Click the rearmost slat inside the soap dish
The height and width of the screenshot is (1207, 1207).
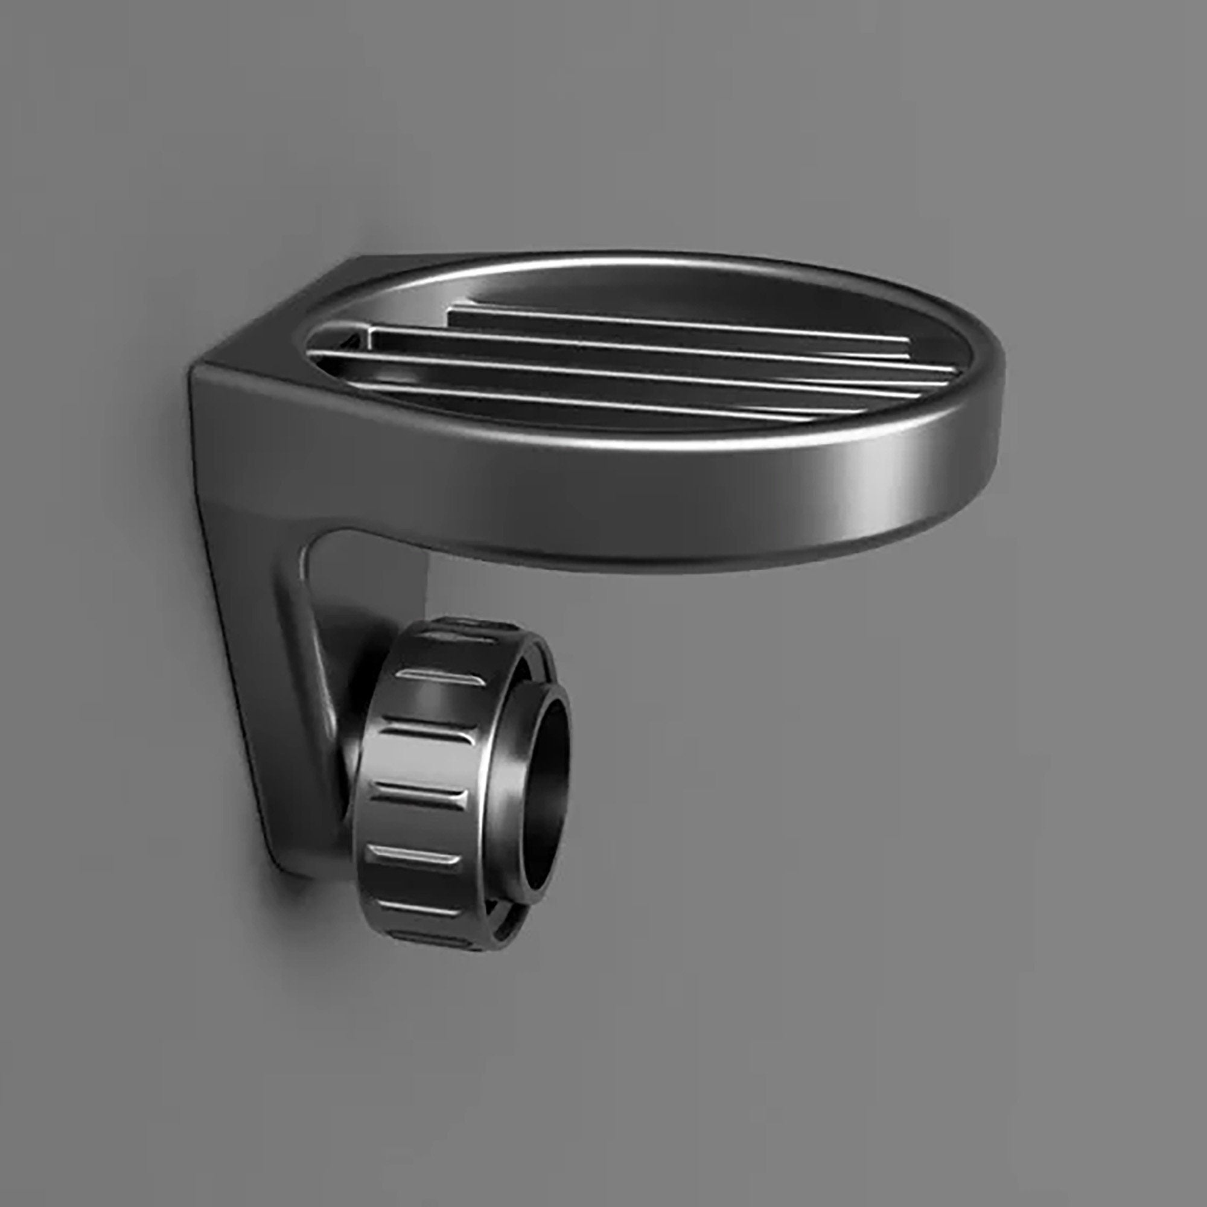point(675,325)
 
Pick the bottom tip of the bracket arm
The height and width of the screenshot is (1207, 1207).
point(294,868)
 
